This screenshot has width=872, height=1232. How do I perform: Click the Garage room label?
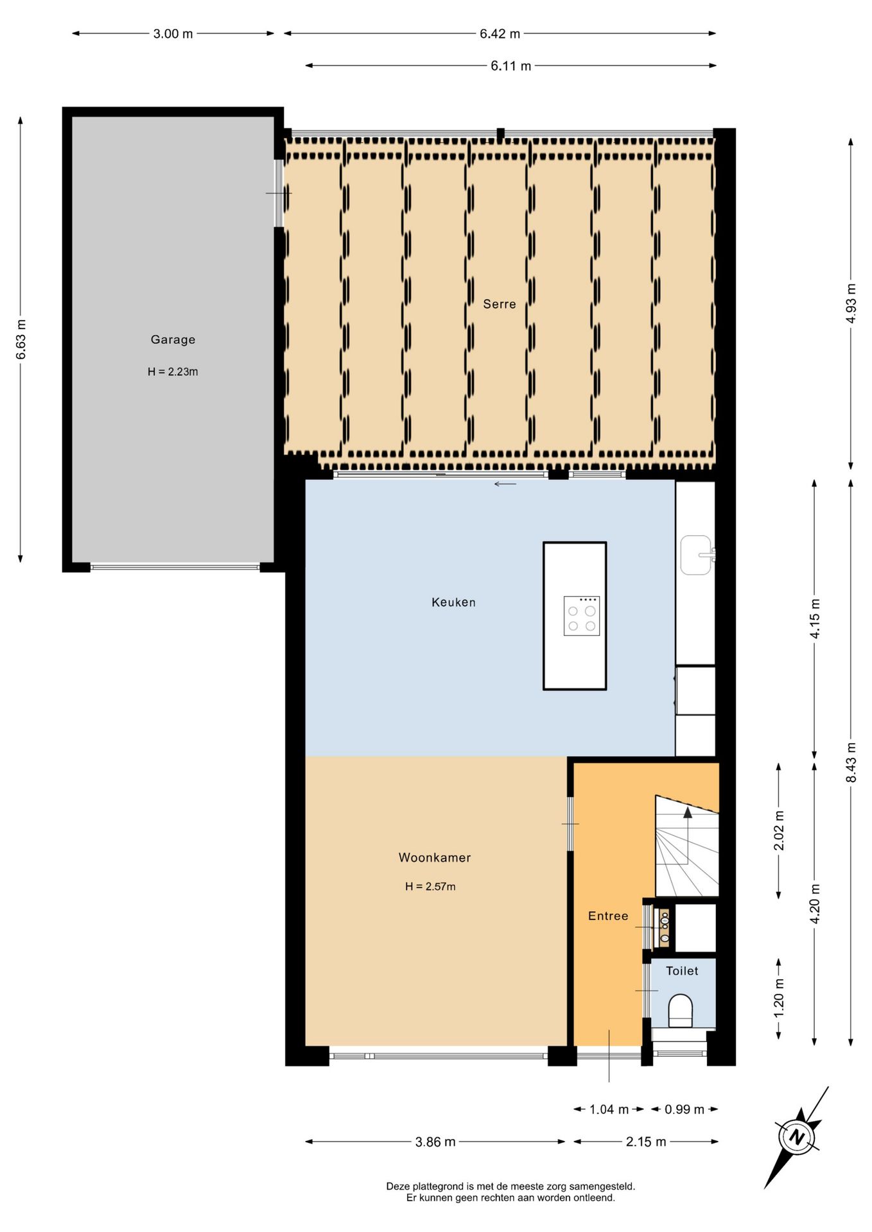point(173,339)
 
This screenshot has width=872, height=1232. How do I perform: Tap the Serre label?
point(500,304)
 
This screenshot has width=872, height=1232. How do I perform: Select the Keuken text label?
point(453,602)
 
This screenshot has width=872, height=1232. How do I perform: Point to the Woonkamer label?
point(435,857)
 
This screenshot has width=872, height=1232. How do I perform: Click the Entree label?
point(608,916)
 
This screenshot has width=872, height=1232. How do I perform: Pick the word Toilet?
point(682,971)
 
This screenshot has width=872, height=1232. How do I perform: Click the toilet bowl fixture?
point(681,1011)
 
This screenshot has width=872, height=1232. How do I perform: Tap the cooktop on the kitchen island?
point(582,616)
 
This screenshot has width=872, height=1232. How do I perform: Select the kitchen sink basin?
point(695,555)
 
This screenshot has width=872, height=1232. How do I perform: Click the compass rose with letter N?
point(797,1137)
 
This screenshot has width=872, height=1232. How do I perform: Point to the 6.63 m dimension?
point(21,339)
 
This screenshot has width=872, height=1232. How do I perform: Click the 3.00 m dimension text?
point(173,33)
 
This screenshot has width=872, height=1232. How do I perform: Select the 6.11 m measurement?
point(511,65)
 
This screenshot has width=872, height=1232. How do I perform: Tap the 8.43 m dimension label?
point(851,762)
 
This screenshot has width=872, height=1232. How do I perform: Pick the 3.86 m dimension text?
point(435,1142)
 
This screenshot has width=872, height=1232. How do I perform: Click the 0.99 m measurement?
point(685,1109)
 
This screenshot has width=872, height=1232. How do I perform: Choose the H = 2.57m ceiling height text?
point(430,886)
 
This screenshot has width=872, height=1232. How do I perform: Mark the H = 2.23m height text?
point(173,372)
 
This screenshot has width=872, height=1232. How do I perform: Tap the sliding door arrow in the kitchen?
point(505,484)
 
